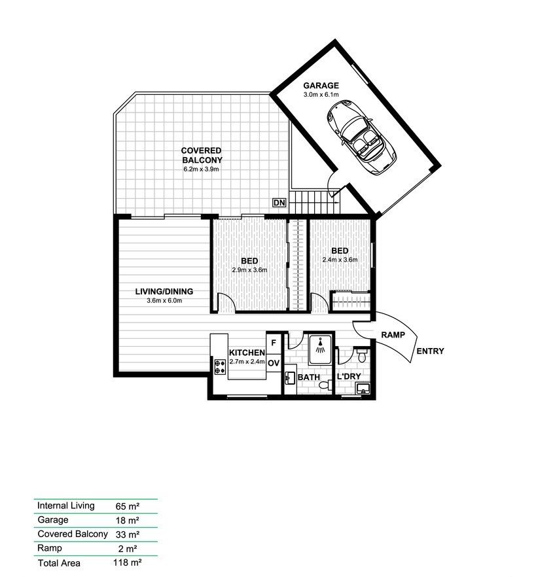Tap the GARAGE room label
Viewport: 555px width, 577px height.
coord(321,86)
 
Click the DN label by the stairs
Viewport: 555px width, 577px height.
coord(279,203)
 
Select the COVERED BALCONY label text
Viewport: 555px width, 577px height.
coord(202,155)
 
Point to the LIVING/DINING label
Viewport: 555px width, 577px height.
coord(164,292)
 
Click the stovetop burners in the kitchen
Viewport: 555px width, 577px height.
coord(218,367)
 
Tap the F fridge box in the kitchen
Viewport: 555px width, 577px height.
coord(274,342)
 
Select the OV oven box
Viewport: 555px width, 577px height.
coord(274,363)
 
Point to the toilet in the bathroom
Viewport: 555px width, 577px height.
coord(322,387)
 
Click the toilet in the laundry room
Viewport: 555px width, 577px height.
coord(362,354)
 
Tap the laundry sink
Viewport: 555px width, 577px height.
coord(363,390)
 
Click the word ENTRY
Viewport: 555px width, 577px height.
coord(430,351)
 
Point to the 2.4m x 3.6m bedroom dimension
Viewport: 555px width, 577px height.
coord(340,260)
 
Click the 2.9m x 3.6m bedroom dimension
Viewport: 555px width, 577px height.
coord(249,270)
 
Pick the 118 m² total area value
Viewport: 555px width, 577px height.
coord(128,561)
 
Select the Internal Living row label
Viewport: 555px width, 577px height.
coord(66,506)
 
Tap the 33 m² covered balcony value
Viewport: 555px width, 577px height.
coord(128,534)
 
